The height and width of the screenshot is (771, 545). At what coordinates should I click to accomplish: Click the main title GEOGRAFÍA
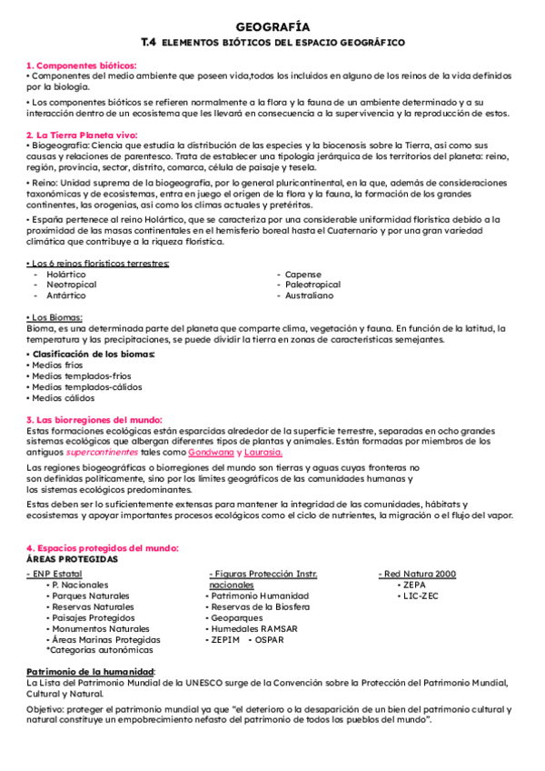pyautogui.click(x=272, y=27)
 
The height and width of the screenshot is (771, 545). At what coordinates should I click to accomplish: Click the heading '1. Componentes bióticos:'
pyautogui.click(x=82, y=65)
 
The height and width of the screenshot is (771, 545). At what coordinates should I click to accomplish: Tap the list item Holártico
pyautogui.click(x=66, y=274)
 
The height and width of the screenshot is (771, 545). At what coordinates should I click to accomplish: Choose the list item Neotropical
pyautogui.click(x=71, y=285)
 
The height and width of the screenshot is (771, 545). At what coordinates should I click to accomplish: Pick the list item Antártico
pyautogui.click(x=66, y=295)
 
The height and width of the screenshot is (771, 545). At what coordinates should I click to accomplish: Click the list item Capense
pyautogui.click(x=302, y=274)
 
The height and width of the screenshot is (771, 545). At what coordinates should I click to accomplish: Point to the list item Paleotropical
pyautogui.click(x=312, y=285)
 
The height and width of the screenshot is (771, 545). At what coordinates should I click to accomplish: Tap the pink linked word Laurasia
pyautogui.click(x=263, y=452)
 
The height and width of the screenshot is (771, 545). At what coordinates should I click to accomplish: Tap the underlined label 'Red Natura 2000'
pyautogui.click(x=419, y=574)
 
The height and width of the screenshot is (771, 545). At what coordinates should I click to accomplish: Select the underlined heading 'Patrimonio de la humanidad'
pyautogui.click(x=91, y=671)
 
